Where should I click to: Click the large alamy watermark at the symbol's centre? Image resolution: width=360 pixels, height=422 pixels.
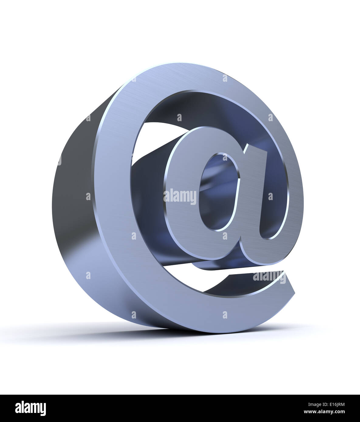tap(180, 197)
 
